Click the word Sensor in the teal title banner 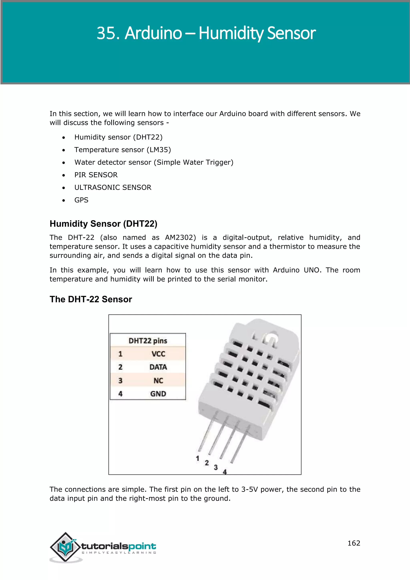[291, 33]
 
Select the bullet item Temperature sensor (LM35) [123, 150]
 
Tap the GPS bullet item [81, 200]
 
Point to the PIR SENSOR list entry [96, 175]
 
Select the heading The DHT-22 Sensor [91, 299]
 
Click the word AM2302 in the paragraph [180, 238]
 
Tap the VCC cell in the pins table [158, 354]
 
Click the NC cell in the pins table [158, 381]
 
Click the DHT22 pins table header [148, 341]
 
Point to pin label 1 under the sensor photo [198, 458]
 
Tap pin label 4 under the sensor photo [225, 472]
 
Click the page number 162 [354, 543]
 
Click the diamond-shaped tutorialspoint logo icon [66, 547]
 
